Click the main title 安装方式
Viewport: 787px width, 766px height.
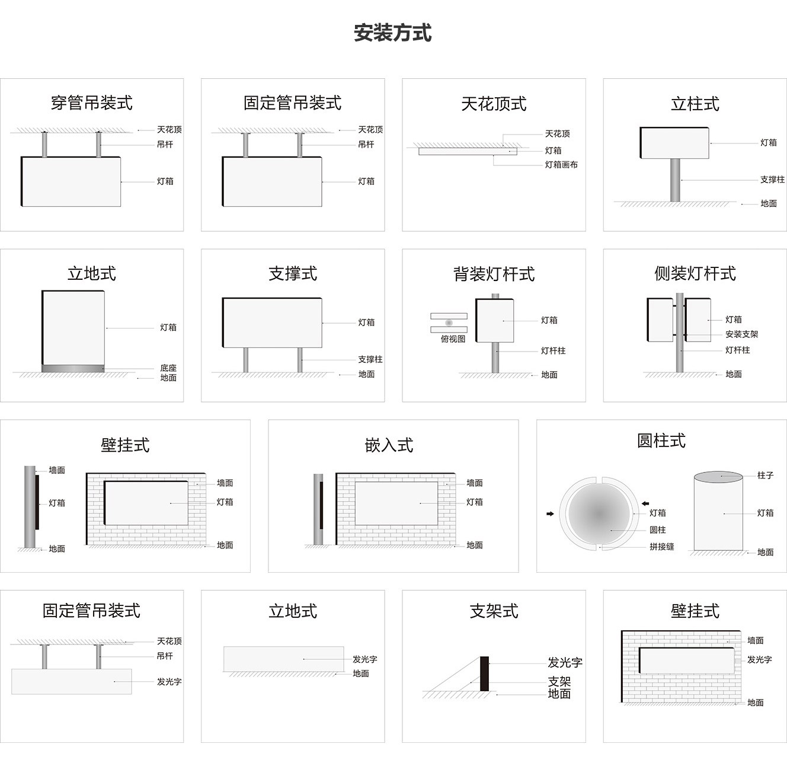click(392, 33)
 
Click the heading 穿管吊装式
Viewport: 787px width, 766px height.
click(91, 103)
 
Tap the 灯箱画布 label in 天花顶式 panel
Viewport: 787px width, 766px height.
click(561, 165)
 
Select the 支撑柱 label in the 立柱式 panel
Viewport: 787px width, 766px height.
click(772, 180)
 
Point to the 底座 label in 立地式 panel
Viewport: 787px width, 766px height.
click(168, 368)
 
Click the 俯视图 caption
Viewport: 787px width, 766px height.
click(453, 339)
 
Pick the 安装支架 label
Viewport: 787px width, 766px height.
click(741, 334)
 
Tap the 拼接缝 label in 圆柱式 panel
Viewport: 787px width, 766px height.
click(661, 547)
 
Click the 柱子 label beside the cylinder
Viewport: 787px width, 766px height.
click(765, 475)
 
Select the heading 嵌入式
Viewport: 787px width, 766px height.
click(389, 445)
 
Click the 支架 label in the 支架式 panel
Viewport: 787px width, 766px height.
click(559, 682)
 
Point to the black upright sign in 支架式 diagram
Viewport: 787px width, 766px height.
click(484, 674)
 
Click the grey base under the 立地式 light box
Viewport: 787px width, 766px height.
click(73, 369)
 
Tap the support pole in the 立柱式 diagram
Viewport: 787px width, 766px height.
click(675, 180)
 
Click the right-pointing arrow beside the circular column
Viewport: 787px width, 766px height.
click(550, 513)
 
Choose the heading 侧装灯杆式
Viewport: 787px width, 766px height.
click(695, 273)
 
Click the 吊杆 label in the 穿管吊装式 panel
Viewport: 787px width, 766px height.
click(165, 144)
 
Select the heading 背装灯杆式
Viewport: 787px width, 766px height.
click(494, 274)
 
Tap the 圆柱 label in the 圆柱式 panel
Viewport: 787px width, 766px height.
click(657, 530)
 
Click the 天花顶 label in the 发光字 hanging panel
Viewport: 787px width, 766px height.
click(169, 641)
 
